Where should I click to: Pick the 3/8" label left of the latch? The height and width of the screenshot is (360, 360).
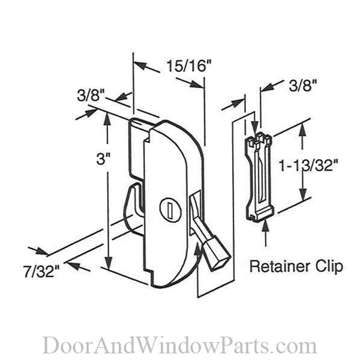[x=91, y=95]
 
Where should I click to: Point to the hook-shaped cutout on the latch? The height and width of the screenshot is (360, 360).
[x=133, y=207]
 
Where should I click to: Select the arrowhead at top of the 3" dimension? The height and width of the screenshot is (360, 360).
[x=107, y=117]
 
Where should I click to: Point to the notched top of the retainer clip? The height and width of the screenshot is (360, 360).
[x=259, y=142]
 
